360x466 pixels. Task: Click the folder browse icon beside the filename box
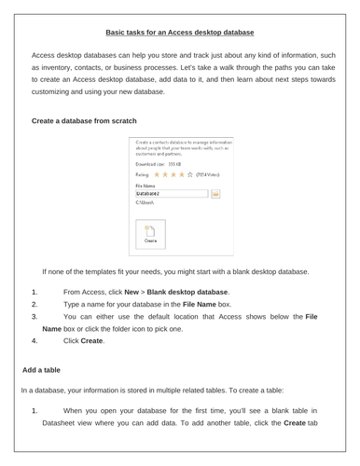(x=214, y=195)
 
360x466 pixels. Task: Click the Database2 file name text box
(x=169, y=195)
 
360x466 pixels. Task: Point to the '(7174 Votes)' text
(x=210, y=173)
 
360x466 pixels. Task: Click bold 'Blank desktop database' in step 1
(x=186, y=293)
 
